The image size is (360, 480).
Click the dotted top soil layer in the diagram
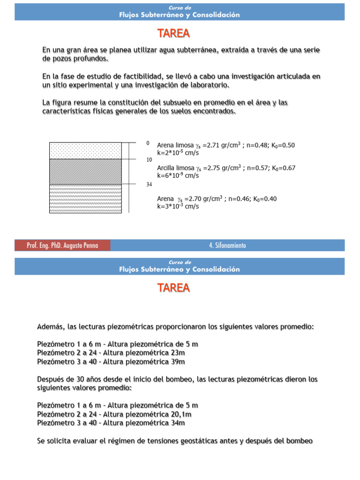click(x=85, y=150)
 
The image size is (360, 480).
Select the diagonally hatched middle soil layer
click(x=85, y=171)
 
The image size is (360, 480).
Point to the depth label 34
click(x=149, y=185)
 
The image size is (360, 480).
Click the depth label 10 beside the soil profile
click(x=149, y=159)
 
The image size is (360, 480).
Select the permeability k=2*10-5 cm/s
click(x=178, y=152)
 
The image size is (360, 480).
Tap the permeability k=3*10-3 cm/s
click(x=178, y=206)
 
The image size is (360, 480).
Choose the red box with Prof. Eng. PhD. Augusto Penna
click(x=62, y=246)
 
